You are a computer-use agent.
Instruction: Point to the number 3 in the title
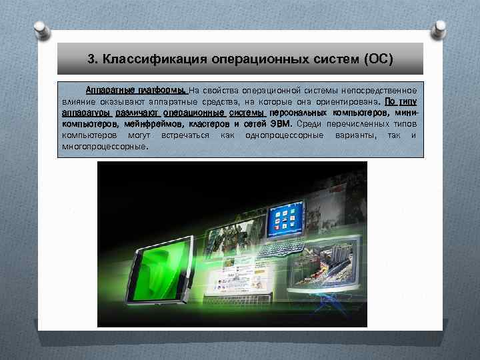91,59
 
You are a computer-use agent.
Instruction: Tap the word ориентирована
347,101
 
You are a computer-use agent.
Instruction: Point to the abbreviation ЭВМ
281,124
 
